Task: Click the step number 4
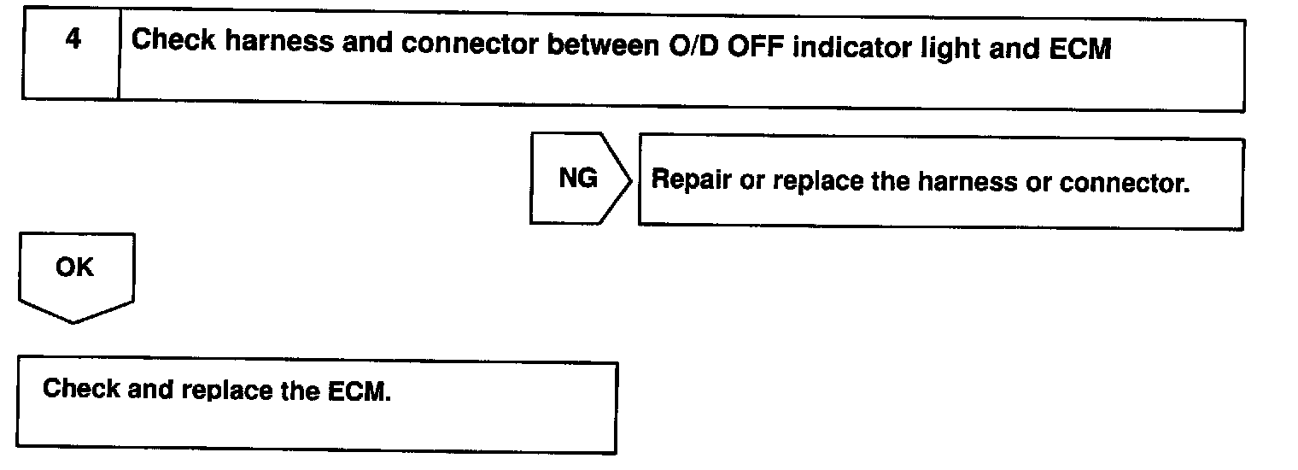(x=73, y=38)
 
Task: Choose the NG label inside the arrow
(x=578, y=178)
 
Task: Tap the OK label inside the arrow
(x=74, y=267)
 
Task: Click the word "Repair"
(x=692, y=179)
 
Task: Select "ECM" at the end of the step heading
(x=1080, y=49)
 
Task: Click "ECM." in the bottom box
(x=360, y=391)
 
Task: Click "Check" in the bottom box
(x=82, y=388)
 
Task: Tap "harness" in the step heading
(x=279, y=42)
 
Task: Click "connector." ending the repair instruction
(x=1124, y=184)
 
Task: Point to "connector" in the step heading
(x=470, y=44)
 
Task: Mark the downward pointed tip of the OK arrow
(x=73, y=323)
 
